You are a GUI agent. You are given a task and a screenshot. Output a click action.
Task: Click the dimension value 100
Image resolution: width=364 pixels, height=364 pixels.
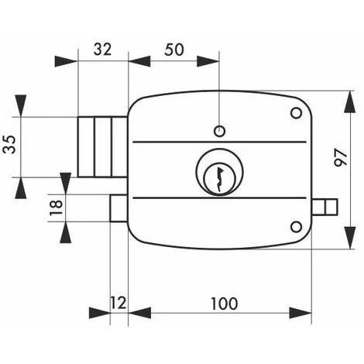click(224, 303)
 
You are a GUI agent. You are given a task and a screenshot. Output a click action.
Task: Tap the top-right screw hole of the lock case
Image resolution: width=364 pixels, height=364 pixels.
click(295, 114)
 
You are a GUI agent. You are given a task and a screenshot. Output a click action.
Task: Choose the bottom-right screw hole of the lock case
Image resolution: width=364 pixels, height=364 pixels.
click(295, 226)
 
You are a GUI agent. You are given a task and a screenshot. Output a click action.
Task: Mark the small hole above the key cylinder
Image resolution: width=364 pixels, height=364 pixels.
click(219, 129)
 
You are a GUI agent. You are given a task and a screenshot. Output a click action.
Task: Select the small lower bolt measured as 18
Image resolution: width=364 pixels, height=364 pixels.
click(118, 208)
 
